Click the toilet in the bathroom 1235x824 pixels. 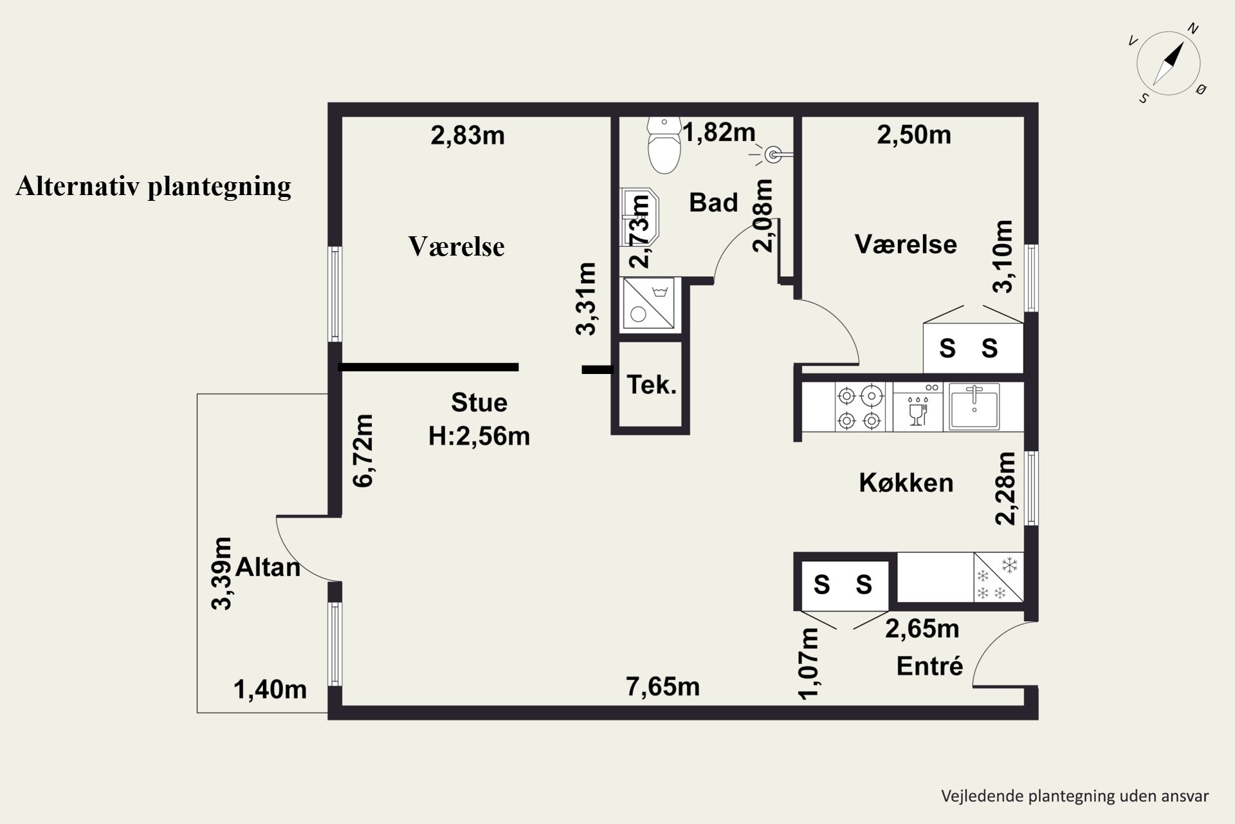click(664, 145)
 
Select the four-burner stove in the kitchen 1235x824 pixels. click(859, 407)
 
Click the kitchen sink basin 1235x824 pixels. click(974, 406)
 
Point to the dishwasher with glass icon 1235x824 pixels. click(918, 407)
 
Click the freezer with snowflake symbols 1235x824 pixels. click(998, 577)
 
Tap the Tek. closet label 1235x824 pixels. click(652, 386)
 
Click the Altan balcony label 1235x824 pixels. click(268, 567)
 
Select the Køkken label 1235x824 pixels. click(906, 483)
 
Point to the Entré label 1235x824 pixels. click(929, 666)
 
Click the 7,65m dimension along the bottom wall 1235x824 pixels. click(663, 687)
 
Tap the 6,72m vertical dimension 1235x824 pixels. click(363, 451)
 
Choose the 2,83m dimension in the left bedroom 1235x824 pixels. click(468, 136)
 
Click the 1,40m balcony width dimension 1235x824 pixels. click(270, 690)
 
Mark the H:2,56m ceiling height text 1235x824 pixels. click(479, 436)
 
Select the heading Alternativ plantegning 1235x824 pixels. click(154, 186)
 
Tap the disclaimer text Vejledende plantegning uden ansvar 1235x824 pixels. click(1075, 796)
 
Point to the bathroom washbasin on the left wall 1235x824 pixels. click(640, 217)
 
